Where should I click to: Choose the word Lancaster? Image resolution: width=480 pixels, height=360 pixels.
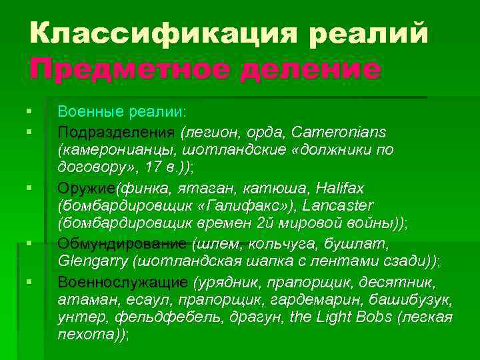(337, 205)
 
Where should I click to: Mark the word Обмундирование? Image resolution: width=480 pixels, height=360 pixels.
(123, 243)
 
